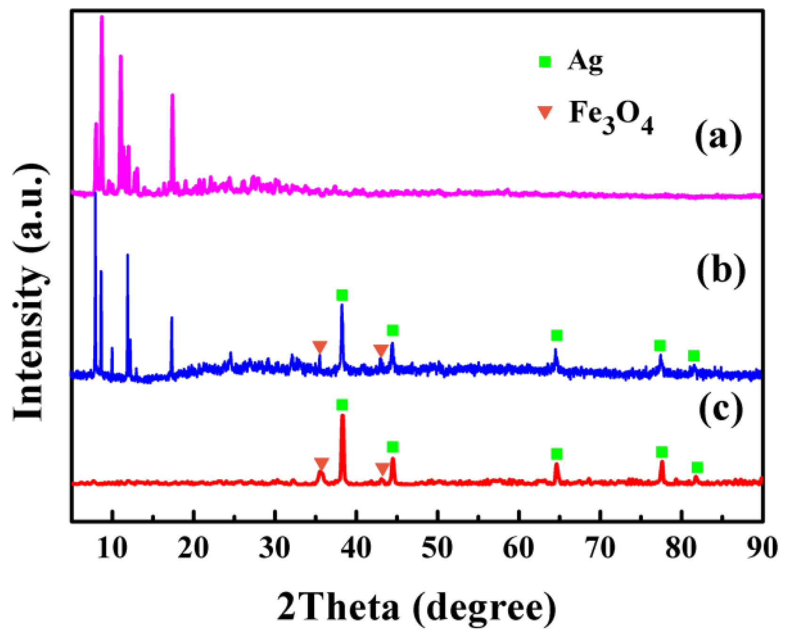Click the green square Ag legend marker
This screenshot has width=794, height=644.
544,62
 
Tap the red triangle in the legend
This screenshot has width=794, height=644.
545,113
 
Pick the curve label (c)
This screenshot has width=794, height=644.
721,408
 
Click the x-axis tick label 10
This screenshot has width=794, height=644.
113,548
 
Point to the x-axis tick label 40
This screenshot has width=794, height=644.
356,548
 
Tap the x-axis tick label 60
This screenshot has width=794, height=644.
519,548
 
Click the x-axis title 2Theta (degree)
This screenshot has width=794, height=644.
416,608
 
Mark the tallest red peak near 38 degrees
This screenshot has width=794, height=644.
342,416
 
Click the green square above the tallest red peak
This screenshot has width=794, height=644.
342,405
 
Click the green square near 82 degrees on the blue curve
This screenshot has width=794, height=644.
693,355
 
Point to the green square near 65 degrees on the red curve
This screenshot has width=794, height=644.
557,454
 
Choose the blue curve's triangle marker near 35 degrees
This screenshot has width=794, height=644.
320,347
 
